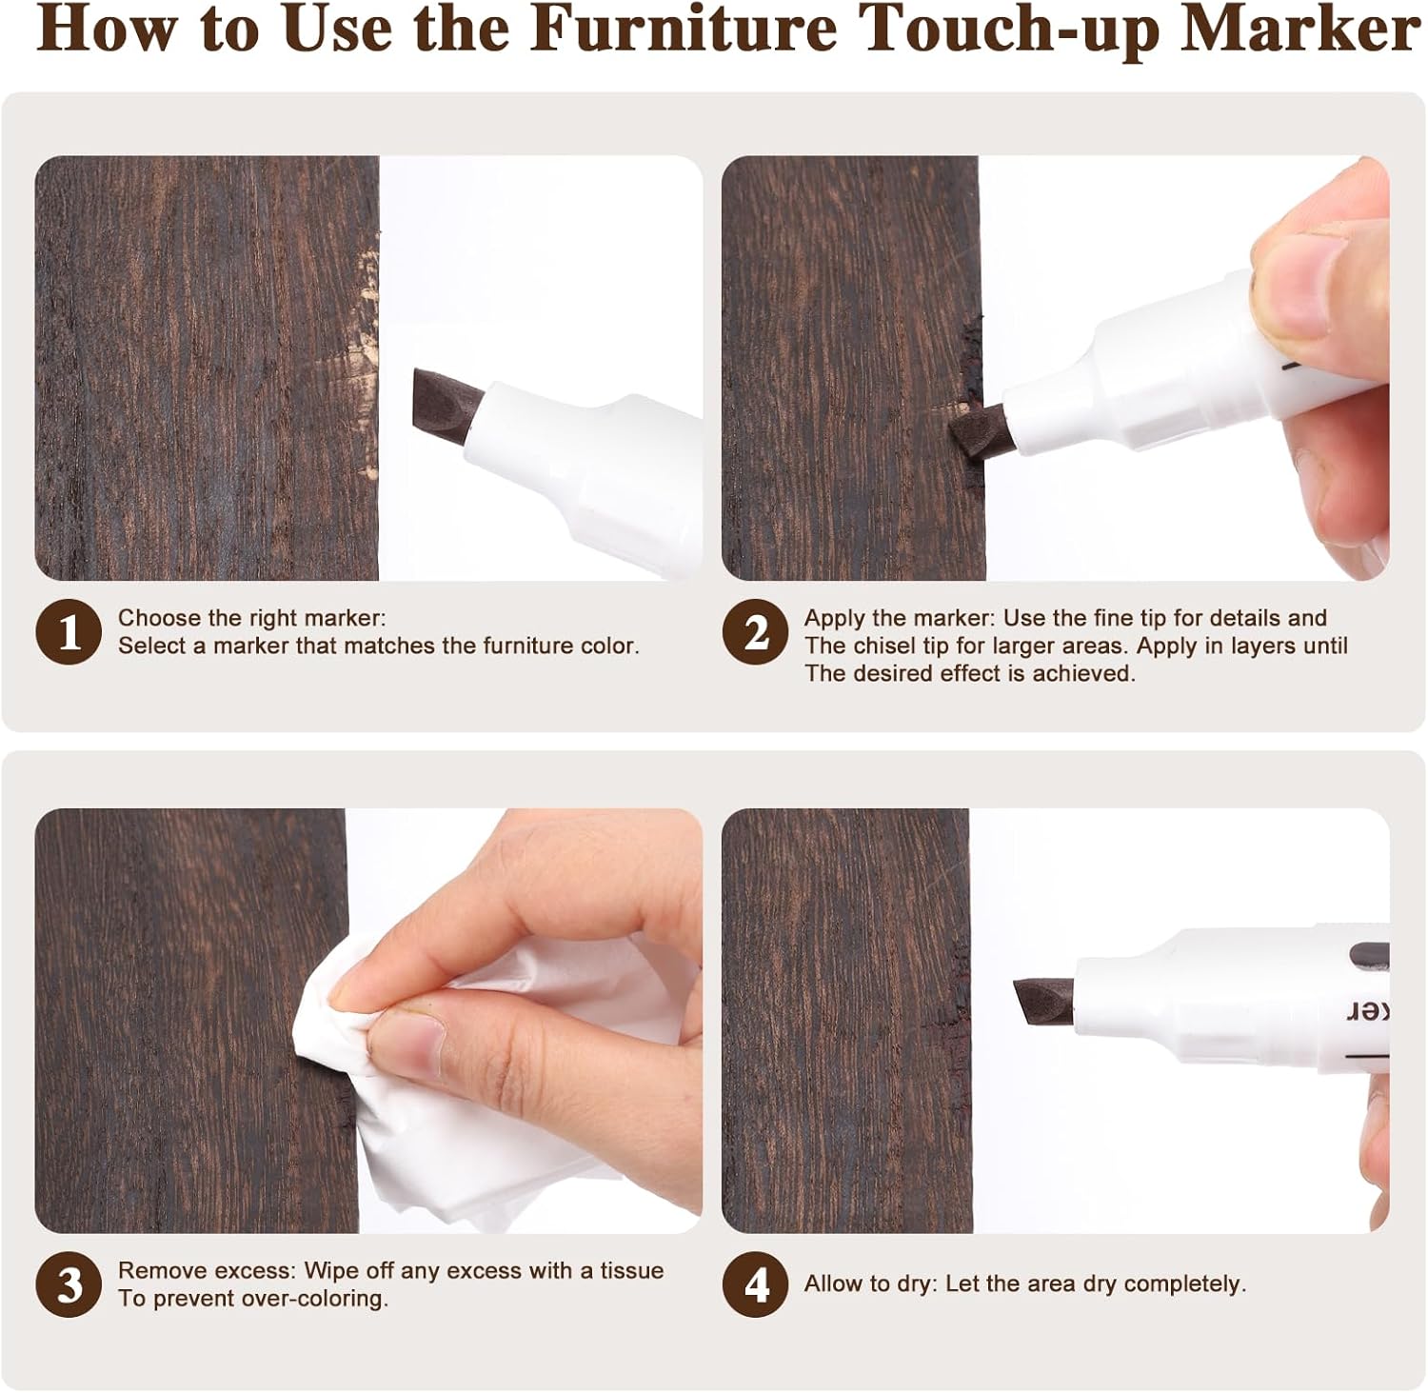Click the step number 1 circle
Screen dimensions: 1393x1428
(x=69, y=632)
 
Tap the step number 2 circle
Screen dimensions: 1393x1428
(x=755, y=632)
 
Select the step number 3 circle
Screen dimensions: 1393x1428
(x=69, y=1284)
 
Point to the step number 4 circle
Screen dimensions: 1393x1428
(x=755, y=1284)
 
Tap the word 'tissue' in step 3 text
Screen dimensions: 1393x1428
(x=631, y=1271)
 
